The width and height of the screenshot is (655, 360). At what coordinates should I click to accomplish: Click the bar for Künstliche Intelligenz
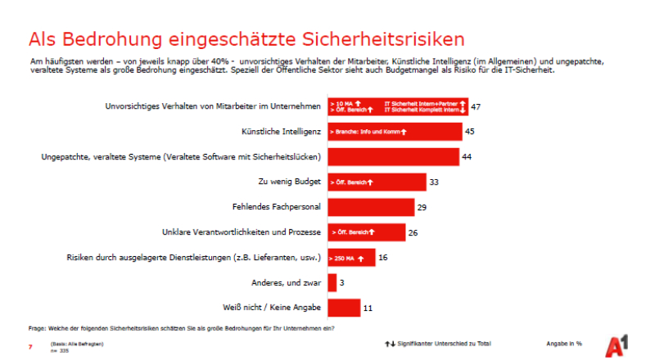click(x=394, y=131)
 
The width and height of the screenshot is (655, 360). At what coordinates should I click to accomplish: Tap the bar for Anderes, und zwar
click(x=332, y=282)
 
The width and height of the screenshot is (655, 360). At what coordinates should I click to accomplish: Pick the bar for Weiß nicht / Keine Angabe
click(x=343, y=308)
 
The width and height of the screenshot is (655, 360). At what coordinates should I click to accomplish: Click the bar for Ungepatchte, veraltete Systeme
click(x=392, y=156)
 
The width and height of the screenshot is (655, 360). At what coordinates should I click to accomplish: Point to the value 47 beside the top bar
click(x=475, y=106)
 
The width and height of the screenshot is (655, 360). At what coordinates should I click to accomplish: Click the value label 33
click(x=433, y=182)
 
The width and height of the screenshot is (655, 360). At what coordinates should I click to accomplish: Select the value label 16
click(x=383, y=258)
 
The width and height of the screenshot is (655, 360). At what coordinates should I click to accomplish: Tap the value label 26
click(x=413, y=232)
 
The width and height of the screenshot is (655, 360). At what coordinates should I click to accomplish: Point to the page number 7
click(x=30, y=345)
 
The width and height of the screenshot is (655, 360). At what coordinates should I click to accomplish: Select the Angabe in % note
click(x=564, y=343)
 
